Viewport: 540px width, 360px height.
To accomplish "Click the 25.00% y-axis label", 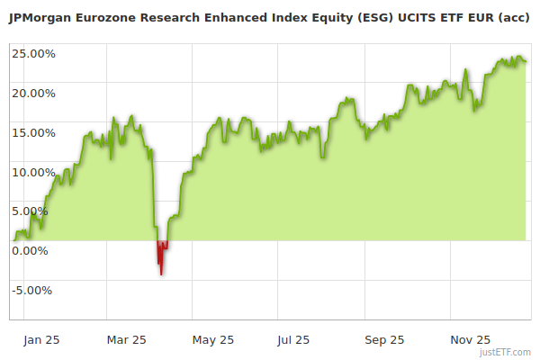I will (x=33, y=53).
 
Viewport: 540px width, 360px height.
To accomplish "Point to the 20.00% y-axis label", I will (x=33, y=93).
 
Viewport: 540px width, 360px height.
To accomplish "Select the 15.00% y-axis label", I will (x=33, y=132).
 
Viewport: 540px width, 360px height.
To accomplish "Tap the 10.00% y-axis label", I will (x=33, y=172).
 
